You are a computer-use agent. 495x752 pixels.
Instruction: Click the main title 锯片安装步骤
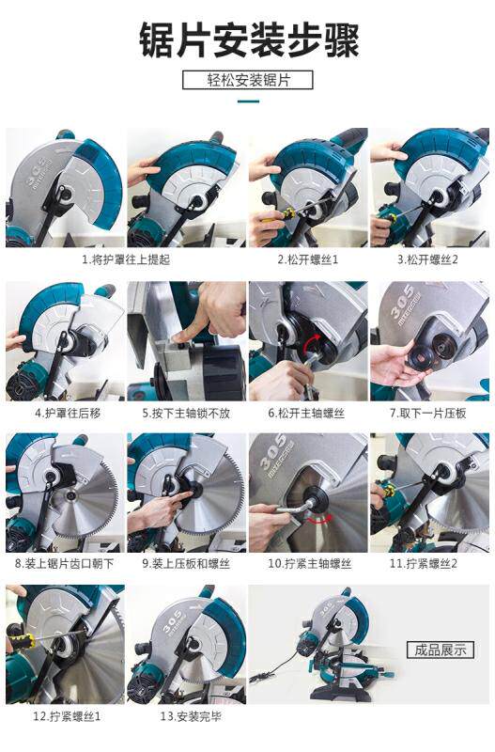pyautogui.click(x=249, y=40)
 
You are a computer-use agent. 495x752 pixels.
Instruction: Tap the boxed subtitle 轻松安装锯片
pyautogui.click(x=248, y=80)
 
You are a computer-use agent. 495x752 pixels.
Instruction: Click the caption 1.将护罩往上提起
pyautogui.click(x=126, y=259)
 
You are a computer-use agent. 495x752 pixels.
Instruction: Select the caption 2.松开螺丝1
pyautogui.click(x=308, y=259)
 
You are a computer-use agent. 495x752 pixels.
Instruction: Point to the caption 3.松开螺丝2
pyautogui.click(x=428, y=259)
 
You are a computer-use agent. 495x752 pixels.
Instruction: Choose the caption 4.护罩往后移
pyautogui.click(x=68, y=413)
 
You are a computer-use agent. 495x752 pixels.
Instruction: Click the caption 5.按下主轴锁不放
pyautogui.click(x=186, y=413)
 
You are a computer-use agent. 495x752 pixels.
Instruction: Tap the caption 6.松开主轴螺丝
pyautogui.click(x=307, y=413)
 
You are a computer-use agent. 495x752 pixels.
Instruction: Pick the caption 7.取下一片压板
pyautogui.click(x=428, y=413)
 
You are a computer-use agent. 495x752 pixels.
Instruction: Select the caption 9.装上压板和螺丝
pyautogui.click(x=186, y=563)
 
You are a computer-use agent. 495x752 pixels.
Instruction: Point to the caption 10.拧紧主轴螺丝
pyautogui.click(x=310, y=563)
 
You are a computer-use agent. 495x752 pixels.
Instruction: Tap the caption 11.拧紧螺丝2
pyautogui.click(x=424, y=563)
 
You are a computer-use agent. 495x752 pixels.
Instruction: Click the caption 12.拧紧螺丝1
pyautogui.click(x=67, y=716)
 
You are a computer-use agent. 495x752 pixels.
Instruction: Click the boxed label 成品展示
pyautogui.click(x=441, y=650)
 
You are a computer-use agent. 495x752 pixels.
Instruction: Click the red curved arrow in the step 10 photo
pyautogui.click(x=319, y=519)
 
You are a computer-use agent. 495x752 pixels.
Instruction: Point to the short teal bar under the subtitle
pyautogui.click(x=248, y=102)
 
